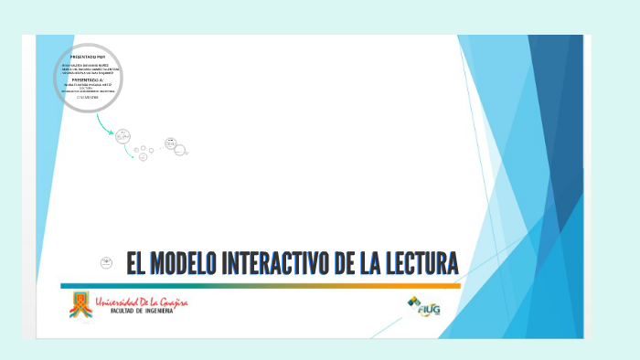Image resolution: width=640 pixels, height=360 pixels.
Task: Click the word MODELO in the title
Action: tap(181, 264)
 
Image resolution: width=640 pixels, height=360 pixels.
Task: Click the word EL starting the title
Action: tap(135, 264)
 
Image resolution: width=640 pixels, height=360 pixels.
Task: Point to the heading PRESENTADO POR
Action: tap(88, 58)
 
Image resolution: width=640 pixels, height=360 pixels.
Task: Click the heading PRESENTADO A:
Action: tap(88, 79)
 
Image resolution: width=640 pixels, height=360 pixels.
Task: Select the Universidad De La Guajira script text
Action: tap(142, 302)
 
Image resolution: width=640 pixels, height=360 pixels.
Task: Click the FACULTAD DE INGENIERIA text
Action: tap(139, 312)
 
